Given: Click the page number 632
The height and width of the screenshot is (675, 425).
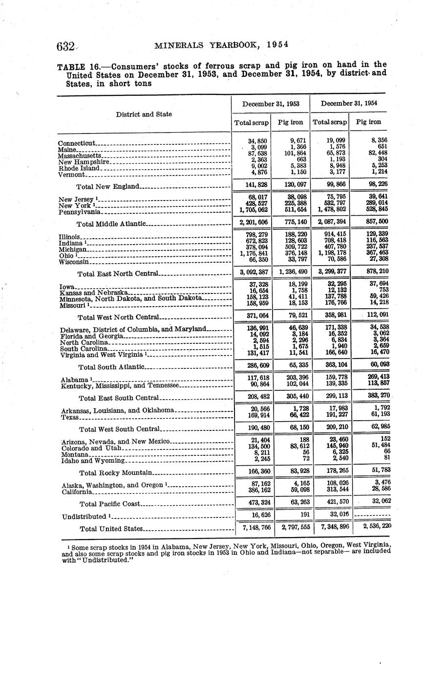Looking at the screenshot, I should click(x=65, y=46).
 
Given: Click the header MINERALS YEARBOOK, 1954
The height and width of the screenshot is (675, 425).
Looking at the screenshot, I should click(x=221, y=45).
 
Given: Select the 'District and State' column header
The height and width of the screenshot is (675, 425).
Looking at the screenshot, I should click(x=144, y=114).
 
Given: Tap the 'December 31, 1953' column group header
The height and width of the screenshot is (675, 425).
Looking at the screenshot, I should click(x=271, y=103).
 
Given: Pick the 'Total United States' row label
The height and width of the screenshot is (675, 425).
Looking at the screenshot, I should click(x=111, y=528).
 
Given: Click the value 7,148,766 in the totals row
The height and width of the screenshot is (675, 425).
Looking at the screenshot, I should click(x=256, y=528).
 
